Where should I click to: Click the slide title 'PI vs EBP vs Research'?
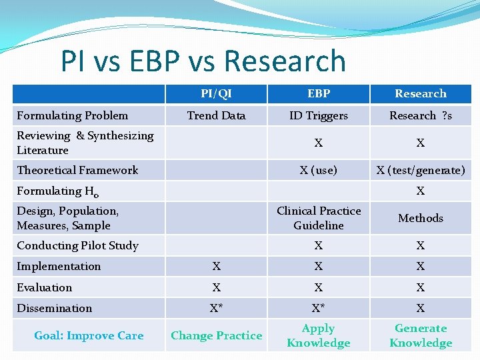[203, 61]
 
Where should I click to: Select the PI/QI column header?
[216, 93]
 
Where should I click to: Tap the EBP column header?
[318, 93]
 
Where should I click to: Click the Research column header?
[420, 93]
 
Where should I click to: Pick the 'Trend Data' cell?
[216, 115]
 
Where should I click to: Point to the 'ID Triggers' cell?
[318, 115]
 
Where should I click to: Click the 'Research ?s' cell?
[420, 115]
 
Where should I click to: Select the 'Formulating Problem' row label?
[73, 115]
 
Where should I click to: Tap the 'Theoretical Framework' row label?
[77, 170]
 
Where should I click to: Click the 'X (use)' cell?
[318, 170]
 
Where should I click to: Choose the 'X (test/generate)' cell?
[420, 170]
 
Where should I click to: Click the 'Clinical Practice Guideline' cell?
[318, 218]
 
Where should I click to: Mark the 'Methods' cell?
[420, 218]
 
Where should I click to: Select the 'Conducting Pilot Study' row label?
[77, 245]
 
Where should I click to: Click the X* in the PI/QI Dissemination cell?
[216, 308]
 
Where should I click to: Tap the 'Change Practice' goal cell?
[216, 335]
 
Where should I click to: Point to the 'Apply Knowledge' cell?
[318, 335]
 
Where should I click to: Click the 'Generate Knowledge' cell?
[420, 335]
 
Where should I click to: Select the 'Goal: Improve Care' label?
[89, 335]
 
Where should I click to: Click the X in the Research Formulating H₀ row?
[420, 191]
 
